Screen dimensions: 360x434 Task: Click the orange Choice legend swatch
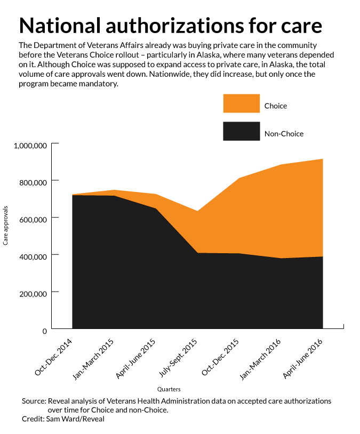[x=242, y=103]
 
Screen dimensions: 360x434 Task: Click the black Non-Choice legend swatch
[x=242, y=131]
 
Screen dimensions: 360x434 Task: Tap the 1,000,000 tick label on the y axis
[x=30, y=146]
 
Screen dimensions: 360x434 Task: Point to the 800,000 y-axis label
[x=33, y=183]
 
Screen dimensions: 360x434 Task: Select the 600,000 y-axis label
[x=33, y=220]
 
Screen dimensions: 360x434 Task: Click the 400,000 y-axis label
[x=33, y=257]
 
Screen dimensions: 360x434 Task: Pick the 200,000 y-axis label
[x=33, y=294]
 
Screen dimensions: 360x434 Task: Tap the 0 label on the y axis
[x=45, y=331]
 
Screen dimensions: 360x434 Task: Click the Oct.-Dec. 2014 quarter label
[x=53, y=357]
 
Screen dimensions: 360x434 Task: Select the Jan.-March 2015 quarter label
[x=93, y=359]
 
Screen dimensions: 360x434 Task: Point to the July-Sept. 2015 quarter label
[x=178, y=358]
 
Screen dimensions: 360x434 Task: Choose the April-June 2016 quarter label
[x=302, y=358]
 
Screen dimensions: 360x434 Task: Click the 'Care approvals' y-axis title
[x=5, y=226]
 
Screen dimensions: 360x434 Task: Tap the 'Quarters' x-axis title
[x=169, y=389]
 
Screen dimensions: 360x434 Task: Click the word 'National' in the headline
[x=60, y=26]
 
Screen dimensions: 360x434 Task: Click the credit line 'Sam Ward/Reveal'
[x=75, y=419]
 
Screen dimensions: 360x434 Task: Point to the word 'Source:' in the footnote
[x=34, y=401]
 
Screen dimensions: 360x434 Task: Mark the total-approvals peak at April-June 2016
[x=323, y=159]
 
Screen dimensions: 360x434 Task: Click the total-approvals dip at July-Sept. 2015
[x=197, y=211]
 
